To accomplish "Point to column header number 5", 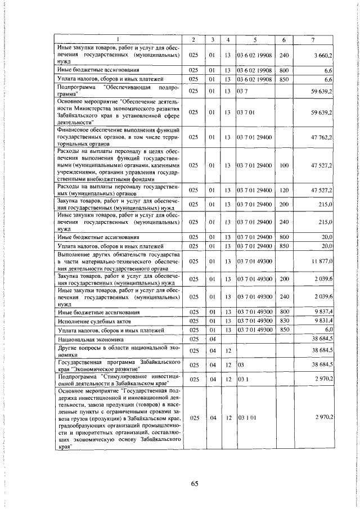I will tap(255, 39).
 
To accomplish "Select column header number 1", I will tap(118, 39).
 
